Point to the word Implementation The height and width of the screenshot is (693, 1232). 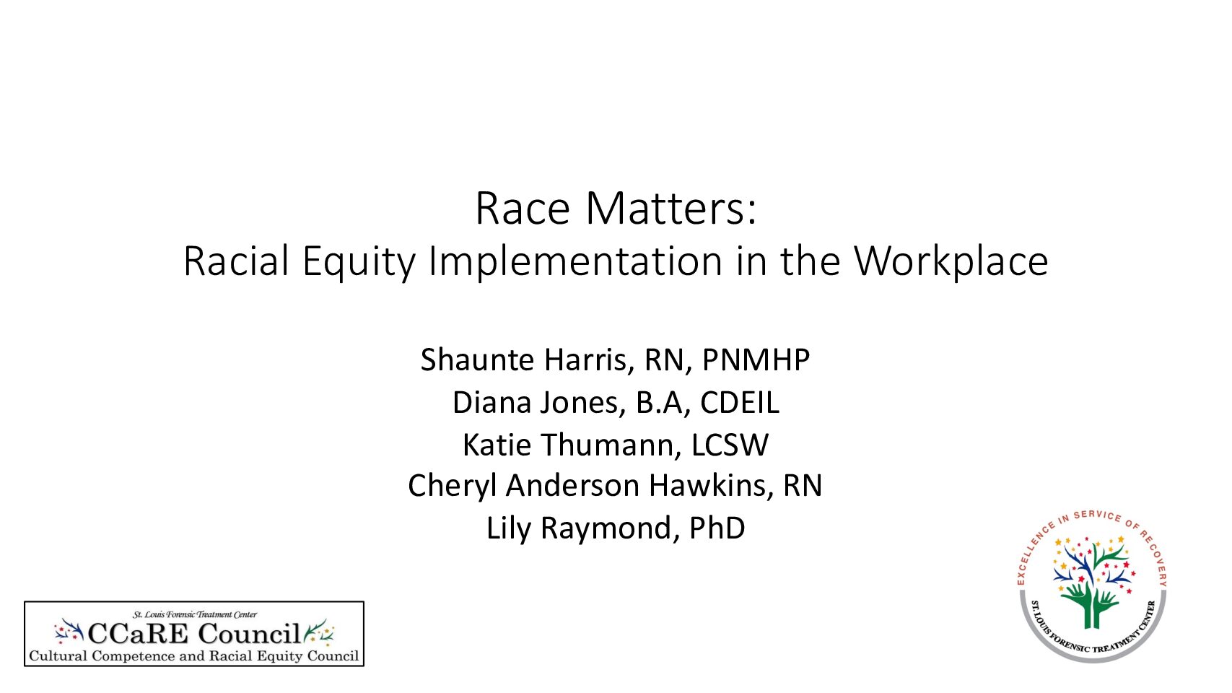[x=575, y=262]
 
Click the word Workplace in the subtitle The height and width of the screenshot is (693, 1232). [x=951, y=262]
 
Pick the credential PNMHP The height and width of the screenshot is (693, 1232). [x=756, y=360]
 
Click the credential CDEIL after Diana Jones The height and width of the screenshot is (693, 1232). [x=739, y=403]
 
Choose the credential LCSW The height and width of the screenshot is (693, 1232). [x=730, y=445]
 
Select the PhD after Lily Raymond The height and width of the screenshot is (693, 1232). [x=717, y=528]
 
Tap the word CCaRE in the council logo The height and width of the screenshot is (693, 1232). [x=138, y=634]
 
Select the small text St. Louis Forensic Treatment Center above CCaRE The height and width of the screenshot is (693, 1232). [x=195, y=614]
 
